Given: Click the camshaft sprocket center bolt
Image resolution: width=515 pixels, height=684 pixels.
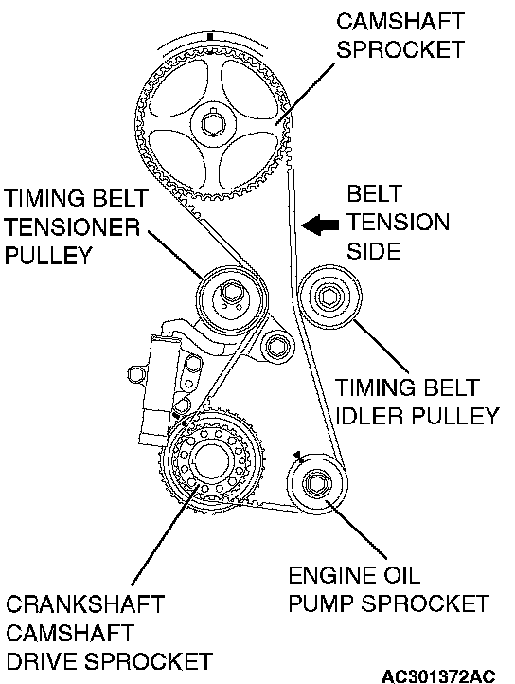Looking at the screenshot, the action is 214,124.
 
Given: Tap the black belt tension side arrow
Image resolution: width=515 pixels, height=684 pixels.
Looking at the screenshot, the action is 320,225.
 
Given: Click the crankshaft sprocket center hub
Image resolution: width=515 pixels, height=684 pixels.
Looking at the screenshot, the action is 210,461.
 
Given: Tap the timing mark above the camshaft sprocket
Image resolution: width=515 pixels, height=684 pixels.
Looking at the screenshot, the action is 210,37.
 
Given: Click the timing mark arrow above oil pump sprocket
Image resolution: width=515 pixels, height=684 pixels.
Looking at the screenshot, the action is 299,457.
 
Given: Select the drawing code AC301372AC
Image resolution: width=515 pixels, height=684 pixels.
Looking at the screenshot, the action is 438,675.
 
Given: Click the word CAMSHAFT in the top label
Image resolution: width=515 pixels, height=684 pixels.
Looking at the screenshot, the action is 400,21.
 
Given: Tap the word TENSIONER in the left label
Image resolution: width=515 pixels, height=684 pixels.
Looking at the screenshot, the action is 72,227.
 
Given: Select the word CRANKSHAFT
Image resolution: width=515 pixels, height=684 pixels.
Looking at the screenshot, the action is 84,604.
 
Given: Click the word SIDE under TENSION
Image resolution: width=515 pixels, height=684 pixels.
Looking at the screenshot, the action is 374,251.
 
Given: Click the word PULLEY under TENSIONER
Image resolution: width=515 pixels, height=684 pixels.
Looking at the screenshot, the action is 48,255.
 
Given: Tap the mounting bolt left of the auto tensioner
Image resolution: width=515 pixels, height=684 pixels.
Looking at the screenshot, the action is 135,374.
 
